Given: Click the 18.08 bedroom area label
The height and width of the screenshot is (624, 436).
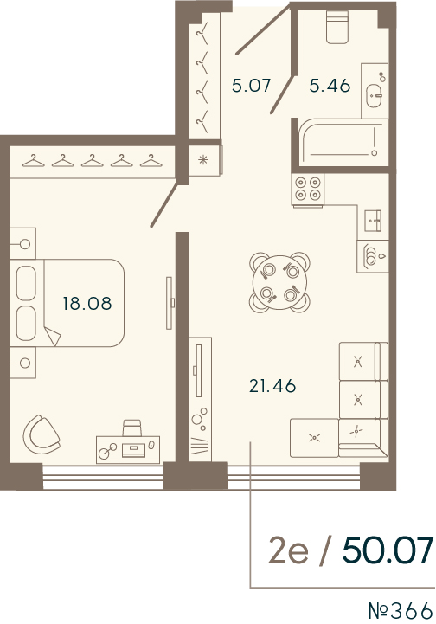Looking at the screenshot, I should (x=87, y=303).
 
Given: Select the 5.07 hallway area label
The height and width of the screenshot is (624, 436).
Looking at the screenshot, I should (x=251, y=86).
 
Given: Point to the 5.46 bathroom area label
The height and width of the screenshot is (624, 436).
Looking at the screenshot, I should (x=330, y=86).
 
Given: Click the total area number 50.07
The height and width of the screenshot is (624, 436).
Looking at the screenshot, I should (x=387, y=550).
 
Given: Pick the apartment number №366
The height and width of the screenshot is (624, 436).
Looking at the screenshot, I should (x=399, y=609).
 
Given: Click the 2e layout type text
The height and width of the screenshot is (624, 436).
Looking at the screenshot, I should (x=285, y=550).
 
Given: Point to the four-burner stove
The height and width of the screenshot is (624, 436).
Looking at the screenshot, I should (x=308, y=189).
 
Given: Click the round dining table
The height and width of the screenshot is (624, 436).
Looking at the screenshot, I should (x=278, y=280).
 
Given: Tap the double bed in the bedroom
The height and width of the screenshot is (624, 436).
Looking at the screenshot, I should (x=69, y=303).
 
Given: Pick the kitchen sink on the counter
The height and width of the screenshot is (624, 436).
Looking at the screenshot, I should (x=375, y=221).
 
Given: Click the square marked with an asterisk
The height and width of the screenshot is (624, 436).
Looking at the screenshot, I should (x=204, y=158).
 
